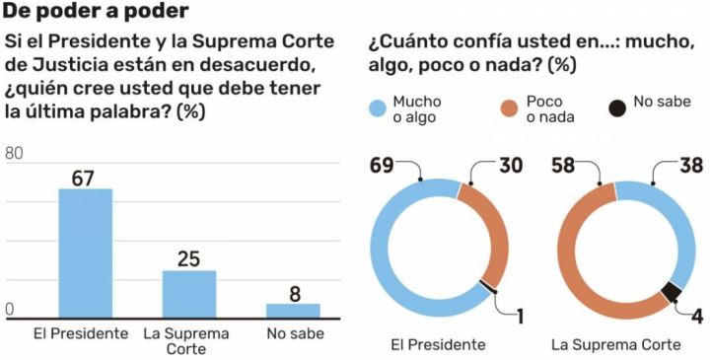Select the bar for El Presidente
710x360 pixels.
pyautogui.click(x=85, y=252)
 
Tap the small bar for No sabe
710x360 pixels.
pyautogui.click(x=293, y=310)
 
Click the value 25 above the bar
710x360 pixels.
pyautogui.click(x=188, y=258)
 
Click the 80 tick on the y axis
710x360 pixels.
pyautogui.click(x=15, y=153)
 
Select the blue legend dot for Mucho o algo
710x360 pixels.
pyautogui.click(x=377, y=108)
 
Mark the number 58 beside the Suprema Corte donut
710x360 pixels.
pyautogui.click(x=565, y=165)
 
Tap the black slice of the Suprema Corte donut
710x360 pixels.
pyautogui.click(x=673, y=292)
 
